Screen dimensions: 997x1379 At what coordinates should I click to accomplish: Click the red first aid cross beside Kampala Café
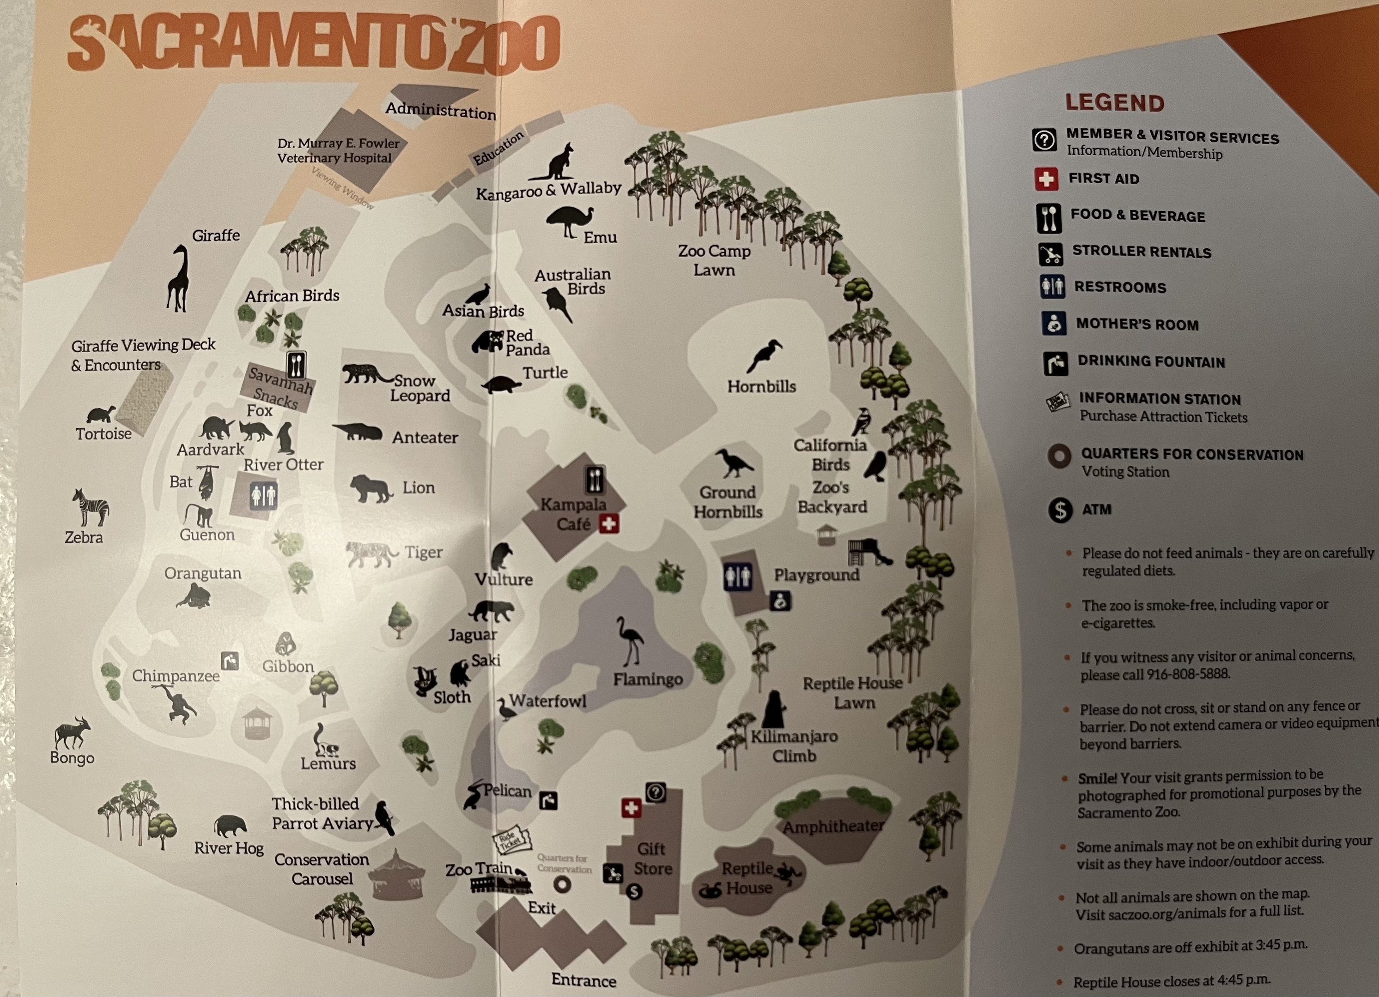608,524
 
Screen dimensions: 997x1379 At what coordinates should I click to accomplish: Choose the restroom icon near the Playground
737,576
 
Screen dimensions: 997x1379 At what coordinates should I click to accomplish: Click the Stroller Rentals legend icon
1050,253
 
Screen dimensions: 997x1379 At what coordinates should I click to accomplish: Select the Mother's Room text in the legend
1137,324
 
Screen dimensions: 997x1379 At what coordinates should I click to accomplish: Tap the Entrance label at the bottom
583,979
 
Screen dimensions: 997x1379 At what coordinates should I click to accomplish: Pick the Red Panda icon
488,342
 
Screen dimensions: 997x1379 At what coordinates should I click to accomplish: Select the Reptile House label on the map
748,878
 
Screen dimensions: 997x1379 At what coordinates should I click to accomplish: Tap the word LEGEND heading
1114,102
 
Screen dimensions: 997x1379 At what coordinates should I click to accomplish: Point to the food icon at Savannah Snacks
296,365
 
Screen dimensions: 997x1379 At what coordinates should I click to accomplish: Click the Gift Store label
652,858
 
